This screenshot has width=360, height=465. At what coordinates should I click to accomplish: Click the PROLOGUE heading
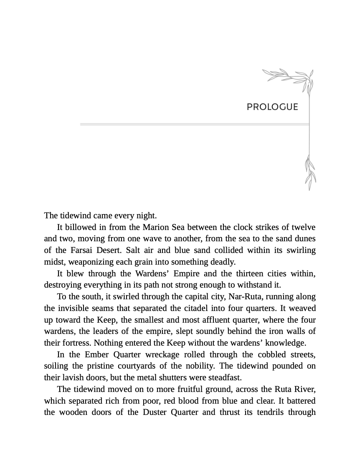272,107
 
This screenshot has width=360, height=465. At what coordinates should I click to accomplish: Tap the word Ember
96,355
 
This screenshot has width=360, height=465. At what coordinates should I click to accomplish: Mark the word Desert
109,250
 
